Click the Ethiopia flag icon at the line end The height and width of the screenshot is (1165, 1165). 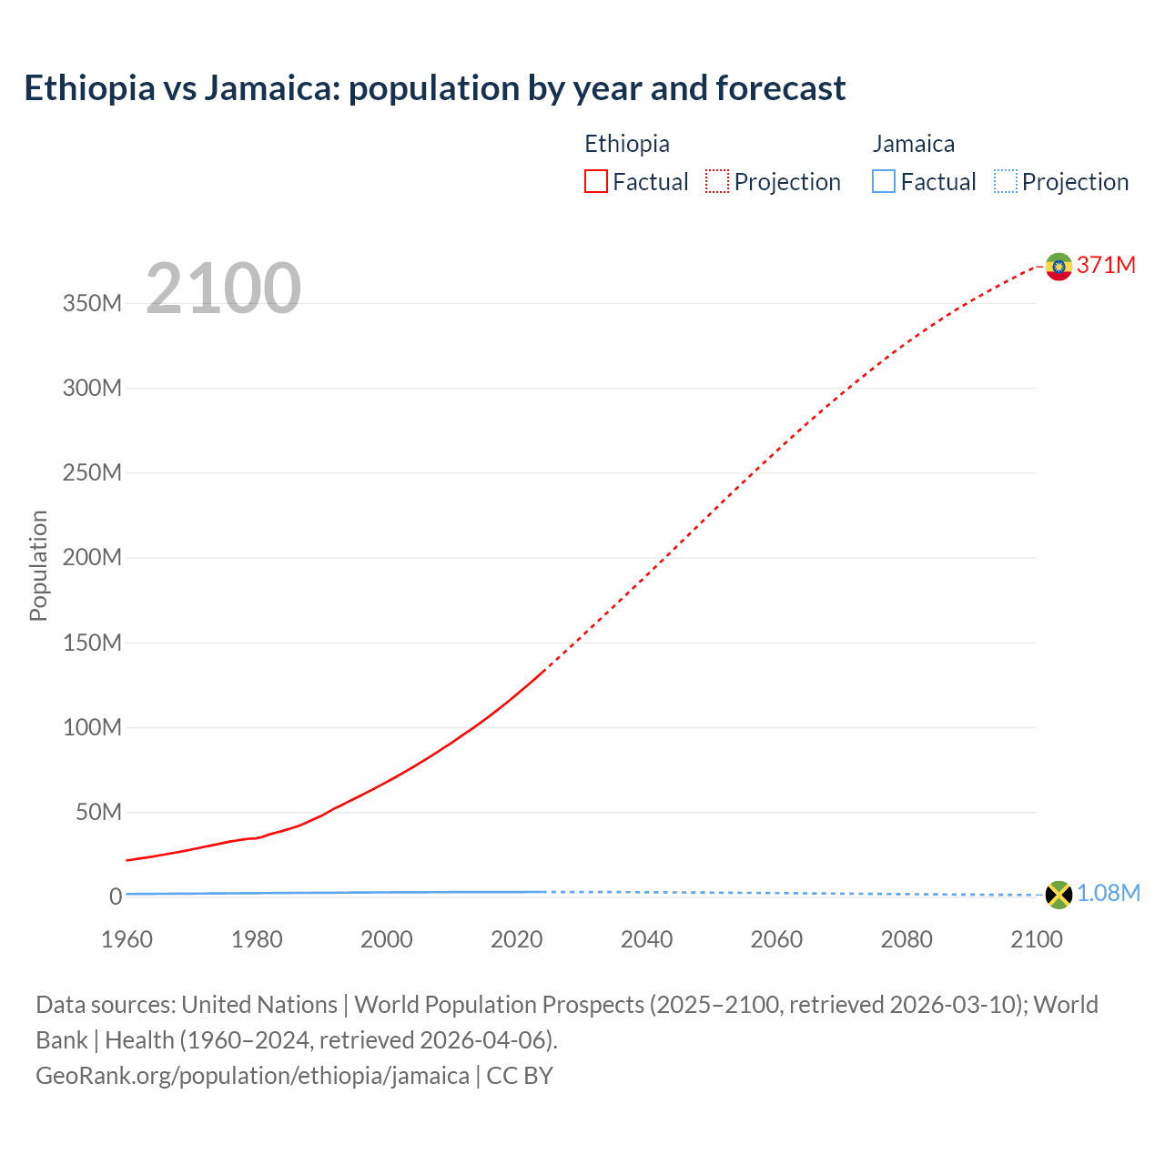tap(1059, 266)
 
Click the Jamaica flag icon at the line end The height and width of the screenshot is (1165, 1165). tap(1059, 895)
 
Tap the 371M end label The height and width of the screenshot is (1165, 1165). tap(1106, 265)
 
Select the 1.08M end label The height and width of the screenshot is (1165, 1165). tap(1109, 894)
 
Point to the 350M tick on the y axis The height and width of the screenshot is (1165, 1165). tap(92, 303)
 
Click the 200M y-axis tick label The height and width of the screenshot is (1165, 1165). tap(92, 557)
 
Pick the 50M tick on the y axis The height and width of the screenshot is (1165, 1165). tap(98, 812)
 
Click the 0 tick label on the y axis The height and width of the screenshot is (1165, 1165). tap(115, 897)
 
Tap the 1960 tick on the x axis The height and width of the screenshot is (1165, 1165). tap(127, 939)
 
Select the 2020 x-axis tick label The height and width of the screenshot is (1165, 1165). tap(516, 939)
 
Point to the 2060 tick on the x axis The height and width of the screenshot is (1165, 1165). tap(776, 939)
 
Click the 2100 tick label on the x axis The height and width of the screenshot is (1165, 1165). tap(1036, 939)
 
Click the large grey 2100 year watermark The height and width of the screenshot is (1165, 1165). tap(223, 289)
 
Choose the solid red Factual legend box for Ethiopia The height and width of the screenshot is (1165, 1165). tap(596, 182)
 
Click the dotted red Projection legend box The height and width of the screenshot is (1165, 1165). tap(717, 182)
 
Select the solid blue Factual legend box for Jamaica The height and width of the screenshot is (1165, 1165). tap(884, 182)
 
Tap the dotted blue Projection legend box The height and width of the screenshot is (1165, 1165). tap(1006, 182)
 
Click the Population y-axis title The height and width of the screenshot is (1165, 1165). tap(38, 565)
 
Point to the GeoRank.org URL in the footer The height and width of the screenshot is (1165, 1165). tap(252, 1076)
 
